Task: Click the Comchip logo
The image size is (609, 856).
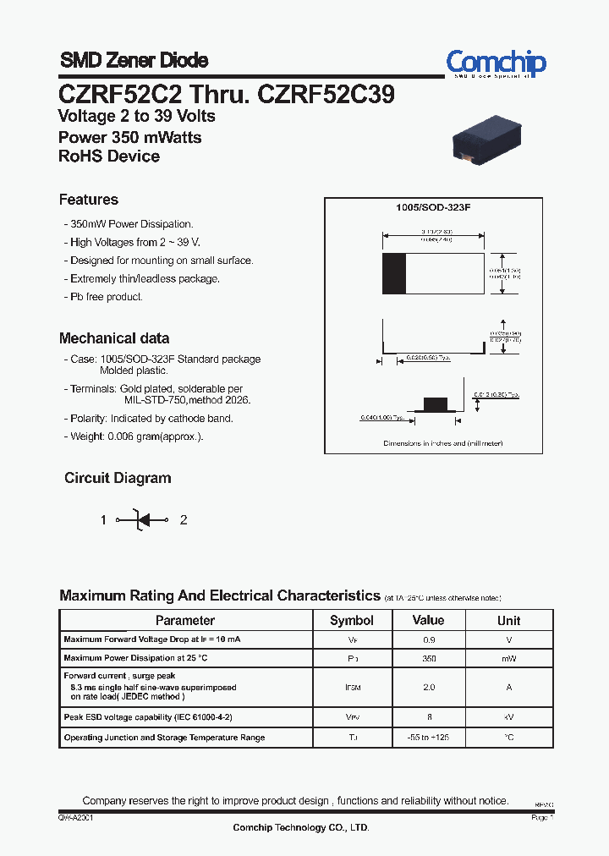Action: (x=496, y=63)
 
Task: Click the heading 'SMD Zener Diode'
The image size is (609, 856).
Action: (x=134, y=60)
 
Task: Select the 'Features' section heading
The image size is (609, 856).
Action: (x=89, y=200)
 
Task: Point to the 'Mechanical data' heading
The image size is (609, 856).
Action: (x=114, y=338)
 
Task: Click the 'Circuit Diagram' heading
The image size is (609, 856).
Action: (x=118, y=478)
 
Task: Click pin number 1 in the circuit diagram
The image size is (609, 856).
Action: (x=104, y=520)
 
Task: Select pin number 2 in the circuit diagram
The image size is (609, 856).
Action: (x=184, y=520)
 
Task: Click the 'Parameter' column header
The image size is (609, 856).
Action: (x=185, y=620)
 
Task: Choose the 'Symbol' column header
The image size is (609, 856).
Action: (x=352, y=620)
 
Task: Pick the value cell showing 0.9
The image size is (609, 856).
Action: (x=429, y=640)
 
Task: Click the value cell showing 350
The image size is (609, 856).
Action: (x=429, y=658)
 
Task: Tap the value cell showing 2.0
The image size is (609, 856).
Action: (x=429, y=687)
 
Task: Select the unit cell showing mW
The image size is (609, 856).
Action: (x=509, y=658)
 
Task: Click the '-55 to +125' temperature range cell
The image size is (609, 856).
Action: (x=429, y=738)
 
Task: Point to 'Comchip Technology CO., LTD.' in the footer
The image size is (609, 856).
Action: (x=301, y=827)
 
